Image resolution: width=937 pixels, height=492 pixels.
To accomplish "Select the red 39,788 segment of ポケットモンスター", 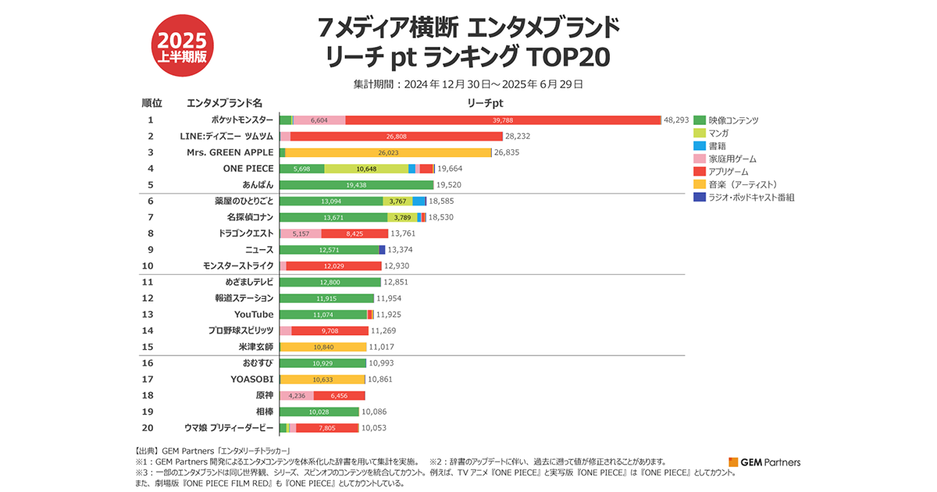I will click(503, 120).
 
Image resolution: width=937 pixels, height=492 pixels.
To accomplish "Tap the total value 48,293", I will click(676, 120).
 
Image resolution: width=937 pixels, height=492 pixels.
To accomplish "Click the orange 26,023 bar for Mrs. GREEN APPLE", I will click(388, 152).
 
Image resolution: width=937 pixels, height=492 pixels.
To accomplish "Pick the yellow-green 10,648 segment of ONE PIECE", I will click(365, 169).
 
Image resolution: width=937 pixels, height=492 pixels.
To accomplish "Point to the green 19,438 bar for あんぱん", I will click(356, 185).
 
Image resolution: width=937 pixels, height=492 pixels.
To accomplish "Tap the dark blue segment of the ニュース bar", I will click(382, 250).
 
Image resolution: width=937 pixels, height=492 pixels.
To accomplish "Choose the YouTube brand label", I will click(254, 315).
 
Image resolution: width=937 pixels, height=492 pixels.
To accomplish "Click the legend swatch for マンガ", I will click(699, 133).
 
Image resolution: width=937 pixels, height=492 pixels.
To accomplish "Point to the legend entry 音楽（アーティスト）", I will click(743, 184).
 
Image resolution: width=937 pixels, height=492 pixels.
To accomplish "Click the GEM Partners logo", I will click(764, 462).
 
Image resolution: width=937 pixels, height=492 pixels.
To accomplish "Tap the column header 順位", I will click(151, 103).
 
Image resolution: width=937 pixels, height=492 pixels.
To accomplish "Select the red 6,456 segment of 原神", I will click(339, 396).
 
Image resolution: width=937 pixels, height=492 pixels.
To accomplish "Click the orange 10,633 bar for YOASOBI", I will click(322, 380).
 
